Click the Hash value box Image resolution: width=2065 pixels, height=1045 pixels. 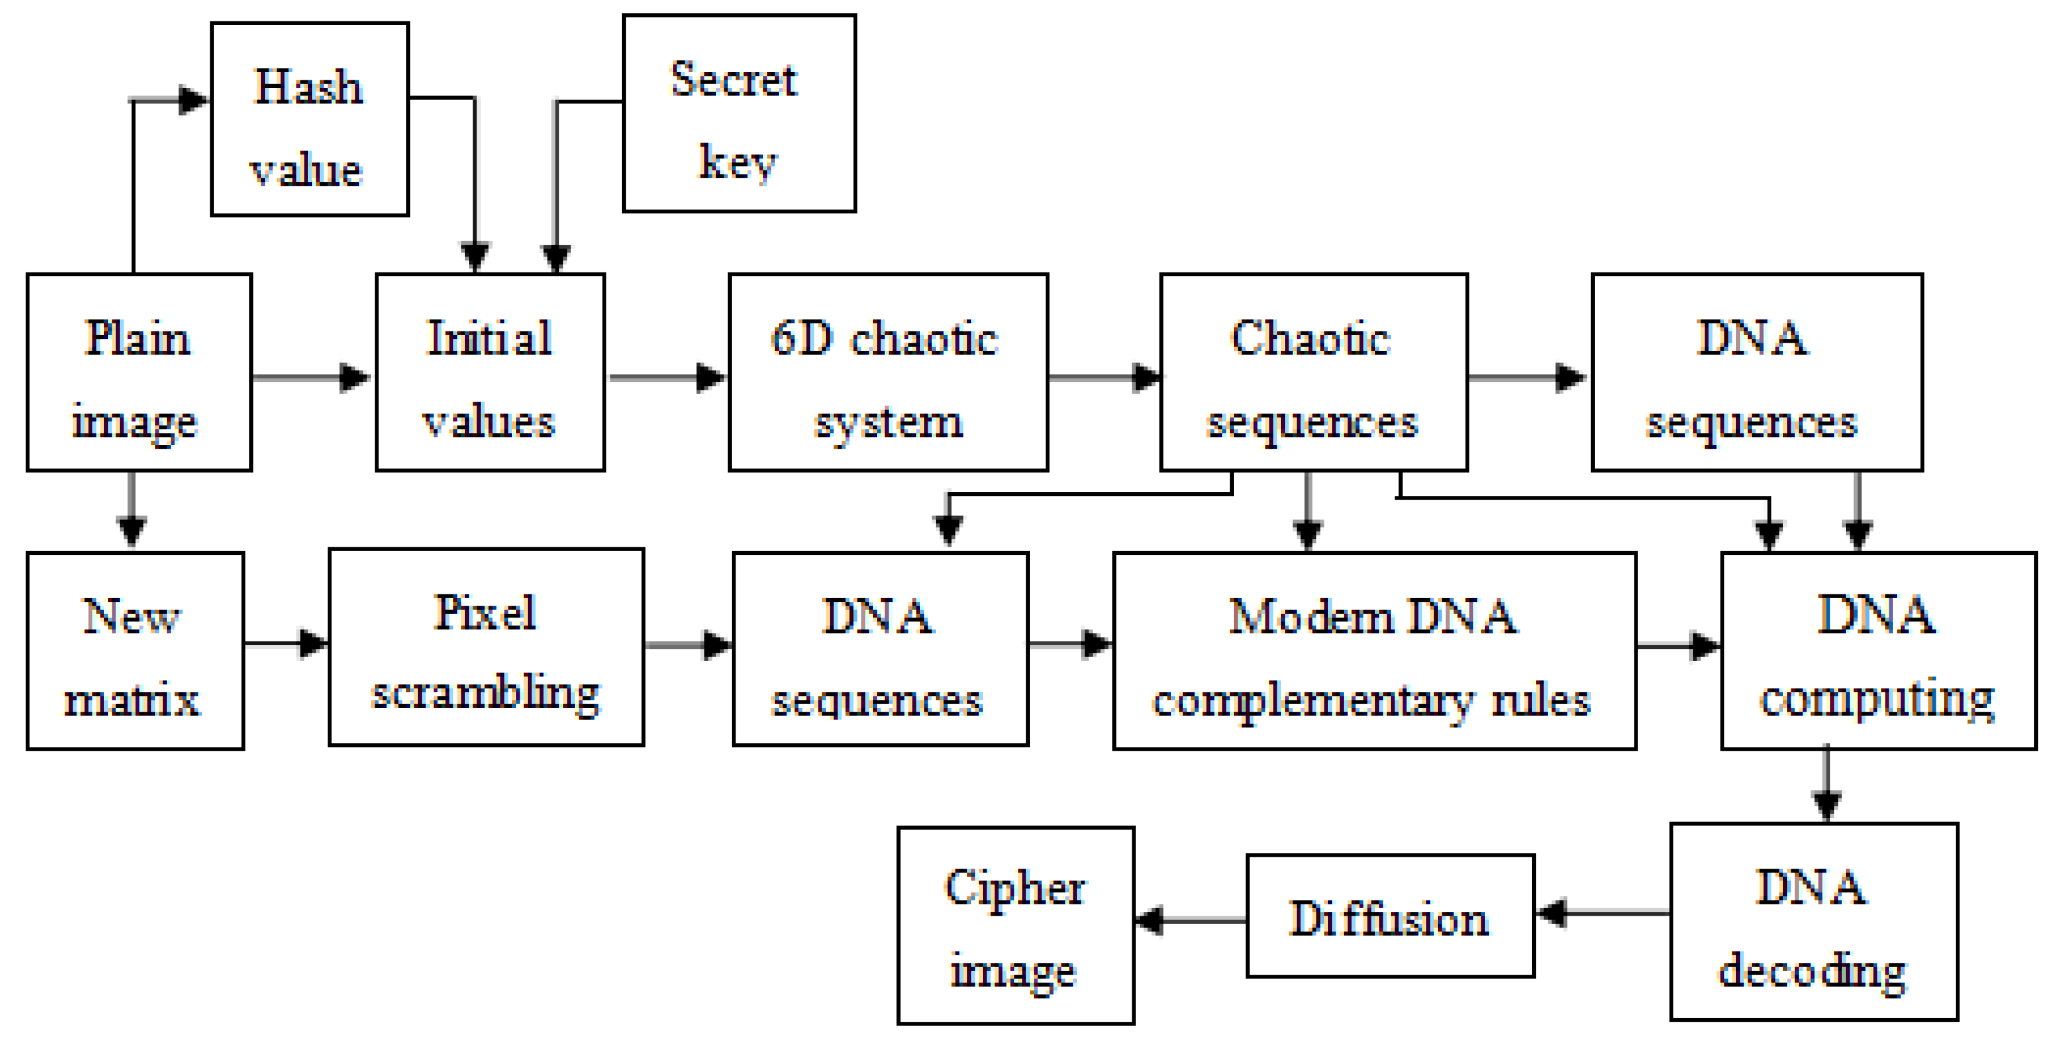point(309,119)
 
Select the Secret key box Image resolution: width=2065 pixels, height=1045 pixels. point(739,113)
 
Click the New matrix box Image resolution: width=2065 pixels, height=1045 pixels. point(135,650)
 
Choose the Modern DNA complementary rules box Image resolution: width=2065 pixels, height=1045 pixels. point(1374,650)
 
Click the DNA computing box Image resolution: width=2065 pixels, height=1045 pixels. point(1877,650)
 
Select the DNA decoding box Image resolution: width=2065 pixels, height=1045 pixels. point(1813,921)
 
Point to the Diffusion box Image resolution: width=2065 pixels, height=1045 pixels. point(1390,915)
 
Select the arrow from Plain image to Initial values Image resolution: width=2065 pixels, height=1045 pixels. point(313,377)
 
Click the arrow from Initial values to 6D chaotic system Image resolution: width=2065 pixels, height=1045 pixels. point(667,377)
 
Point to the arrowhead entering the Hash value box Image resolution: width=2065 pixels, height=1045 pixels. point(193,100)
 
